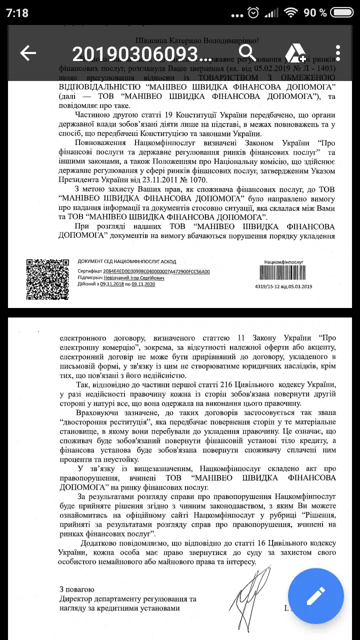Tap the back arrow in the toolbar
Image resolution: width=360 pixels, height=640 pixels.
tap(28, 53)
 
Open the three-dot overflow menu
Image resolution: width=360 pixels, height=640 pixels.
tap(338, 52)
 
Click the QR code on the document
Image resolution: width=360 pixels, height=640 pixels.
tap(47, 279)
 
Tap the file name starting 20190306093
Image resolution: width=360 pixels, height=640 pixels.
tap(142, 53)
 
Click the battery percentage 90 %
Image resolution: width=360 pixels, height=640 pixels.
tap(315, 12)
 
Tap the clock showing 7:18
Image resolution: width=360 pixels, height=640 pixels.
tap(17, 13)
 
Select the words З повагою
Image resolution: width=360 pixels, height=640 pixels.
tap(76, 589)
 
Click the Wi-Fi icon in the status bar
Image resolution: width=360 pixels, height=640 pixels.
tap(289, 12)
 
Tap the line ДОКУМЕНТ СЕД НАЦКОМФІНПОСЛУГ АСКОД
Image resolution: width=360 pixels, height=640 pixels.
tap(127, 261)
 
